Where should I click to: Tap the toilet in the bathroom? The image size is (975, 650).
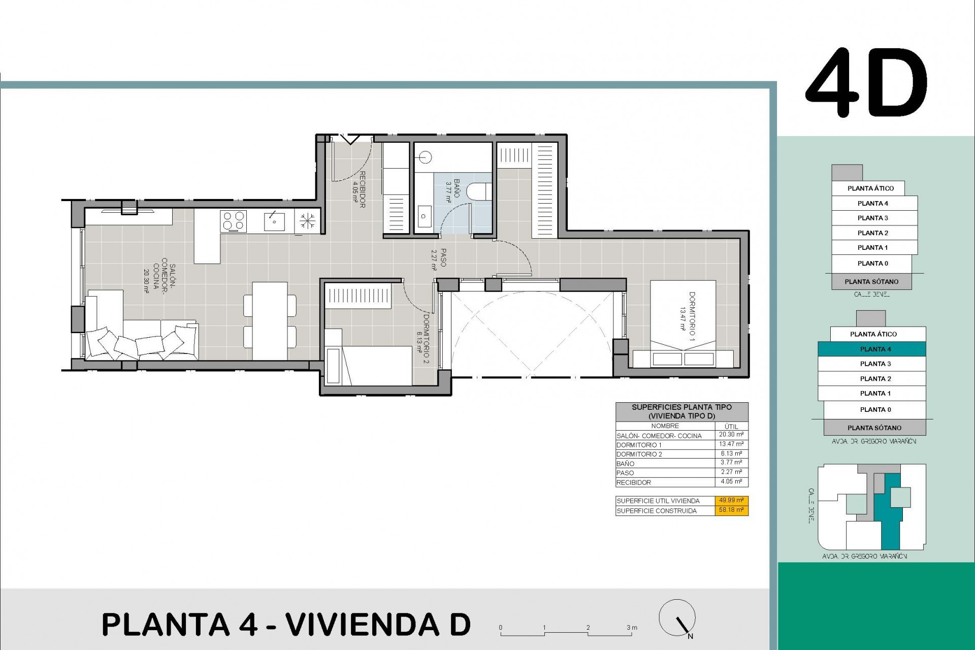pos(479,191)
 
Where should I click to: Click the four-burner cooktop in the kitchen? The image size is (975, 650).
pos(233,222)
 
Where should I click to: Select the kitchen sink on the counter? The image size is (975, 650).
pos(274,221)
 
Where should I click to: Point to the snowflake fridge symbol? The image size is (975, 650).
pos(307,221)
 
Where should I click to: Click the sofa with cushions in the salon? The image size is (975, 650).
pos(140,335)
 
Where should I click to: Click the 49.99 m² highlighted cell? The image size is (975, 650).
pos(731,500)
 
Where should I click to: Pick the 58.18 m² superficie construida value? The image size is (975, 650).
pos(731,510)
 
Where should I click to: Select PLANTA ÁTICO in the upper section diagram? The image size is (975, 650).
pos(870,188)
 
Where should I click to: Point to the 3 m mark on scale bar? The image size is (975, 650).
pos(631,628)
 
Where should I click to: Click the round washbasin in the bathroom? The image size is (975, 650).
pos(426,157)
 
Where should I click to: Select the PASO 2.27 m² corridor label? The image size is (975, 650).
pos(440,258)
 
